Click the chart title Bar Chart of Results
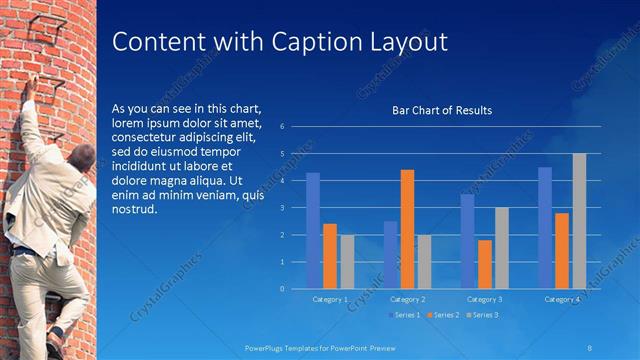(x=441, y=110)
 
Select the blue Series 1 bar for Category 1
(x=313, y=230)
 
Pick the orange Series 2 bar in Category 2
(x=407, y=229)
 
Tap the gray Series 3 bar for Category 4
(x=579, y=221)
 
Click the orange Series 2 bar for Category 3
(x=485, y=264)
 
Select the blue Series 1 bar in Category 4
(x=545, y=227)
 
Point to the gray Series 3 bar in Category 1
(x=347, y=261)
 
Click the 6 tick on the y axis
(x=283, y=127)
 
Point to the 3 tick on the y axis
(x=283, y=208)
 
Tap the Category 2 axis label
(x=408, y=299)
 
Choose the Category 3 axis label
(x=485, y=299)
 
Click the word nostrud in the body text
(x=134, y=209)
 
